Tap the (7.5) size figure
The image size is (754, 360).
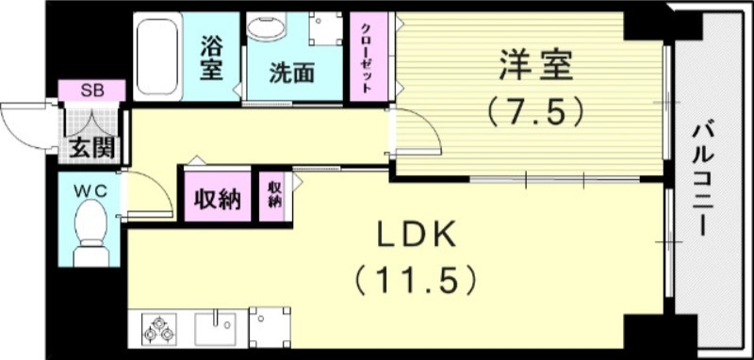click(x=533, y=112)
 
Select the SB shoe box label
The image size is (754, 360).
click(x=91, y=90)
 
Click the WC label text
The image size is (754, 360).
click(x=91, y=190)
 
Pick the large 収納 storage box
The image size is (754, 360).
click(x=218, y=198)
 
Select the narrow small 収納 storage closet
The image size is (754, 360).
click(x=274, y=194)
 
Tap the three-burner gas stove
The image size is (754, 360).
click(x=157, y=330)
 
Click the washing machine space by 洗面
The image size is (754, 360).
click(x=326, y=29)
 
